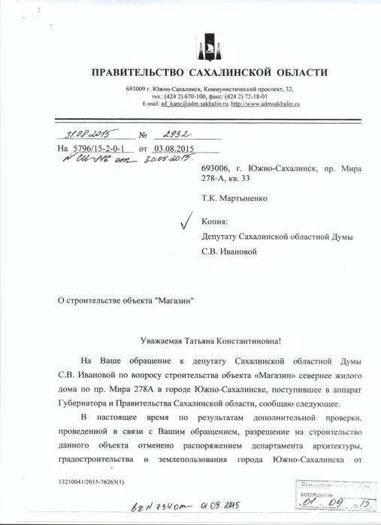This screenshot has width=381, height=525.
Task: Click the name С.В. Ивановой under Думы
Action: point(228,252)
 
